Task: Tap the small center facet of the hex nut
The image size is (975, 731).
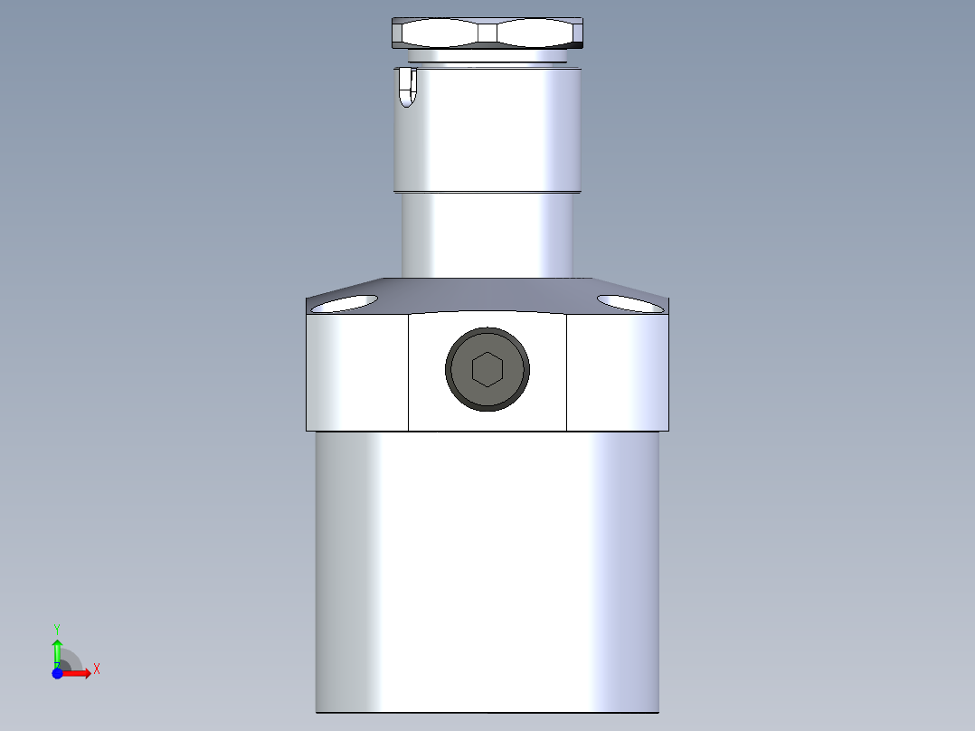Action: click(488, 33)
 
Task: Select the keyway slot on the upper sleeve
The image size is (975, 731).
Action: click(407, 89)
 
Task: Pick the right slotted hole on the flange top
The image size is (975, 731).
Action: click(630, 303)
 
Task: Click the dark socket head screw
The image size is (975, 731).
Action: click(488, 369)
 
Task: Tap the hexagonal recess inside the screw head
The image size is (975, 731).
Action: click(488, 369)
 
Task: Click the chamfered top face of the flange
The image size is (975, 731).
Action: click(488, 295)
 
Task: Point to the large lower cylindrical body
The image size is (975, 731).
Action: click(487, 570)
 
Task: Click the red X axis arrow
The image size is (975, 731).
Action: click(78, 673)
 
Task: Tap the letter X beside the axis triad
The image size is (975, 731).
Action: click(96, 669)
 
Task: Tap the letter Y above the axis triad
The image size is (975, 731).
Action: click(57, 628)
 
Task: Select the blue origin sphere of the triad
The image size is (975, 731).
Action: click(58, 673)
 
